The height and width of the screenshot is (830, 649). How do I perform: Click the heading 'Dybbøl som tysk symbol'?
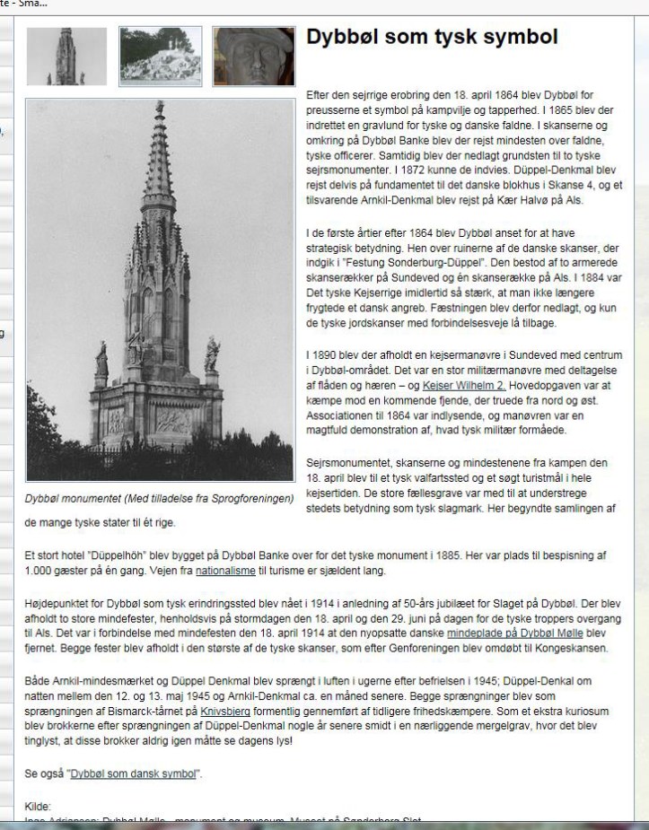[x=432, y=38]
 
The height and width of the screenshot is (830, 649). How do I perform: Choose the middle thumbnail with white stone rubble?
[x=160, y=56]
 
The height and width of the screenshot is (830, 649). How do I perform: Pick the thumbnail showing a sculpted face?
[x=253, y=56]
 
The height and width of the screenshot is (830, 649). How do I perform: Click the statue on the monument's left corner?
[x=101, y=359]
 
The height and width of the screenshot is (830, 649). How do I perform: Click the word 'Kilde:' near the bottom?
[x=39, y=807]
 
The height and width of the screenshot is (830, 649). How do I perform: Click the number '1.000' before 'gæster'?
[x=40, y=571]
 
